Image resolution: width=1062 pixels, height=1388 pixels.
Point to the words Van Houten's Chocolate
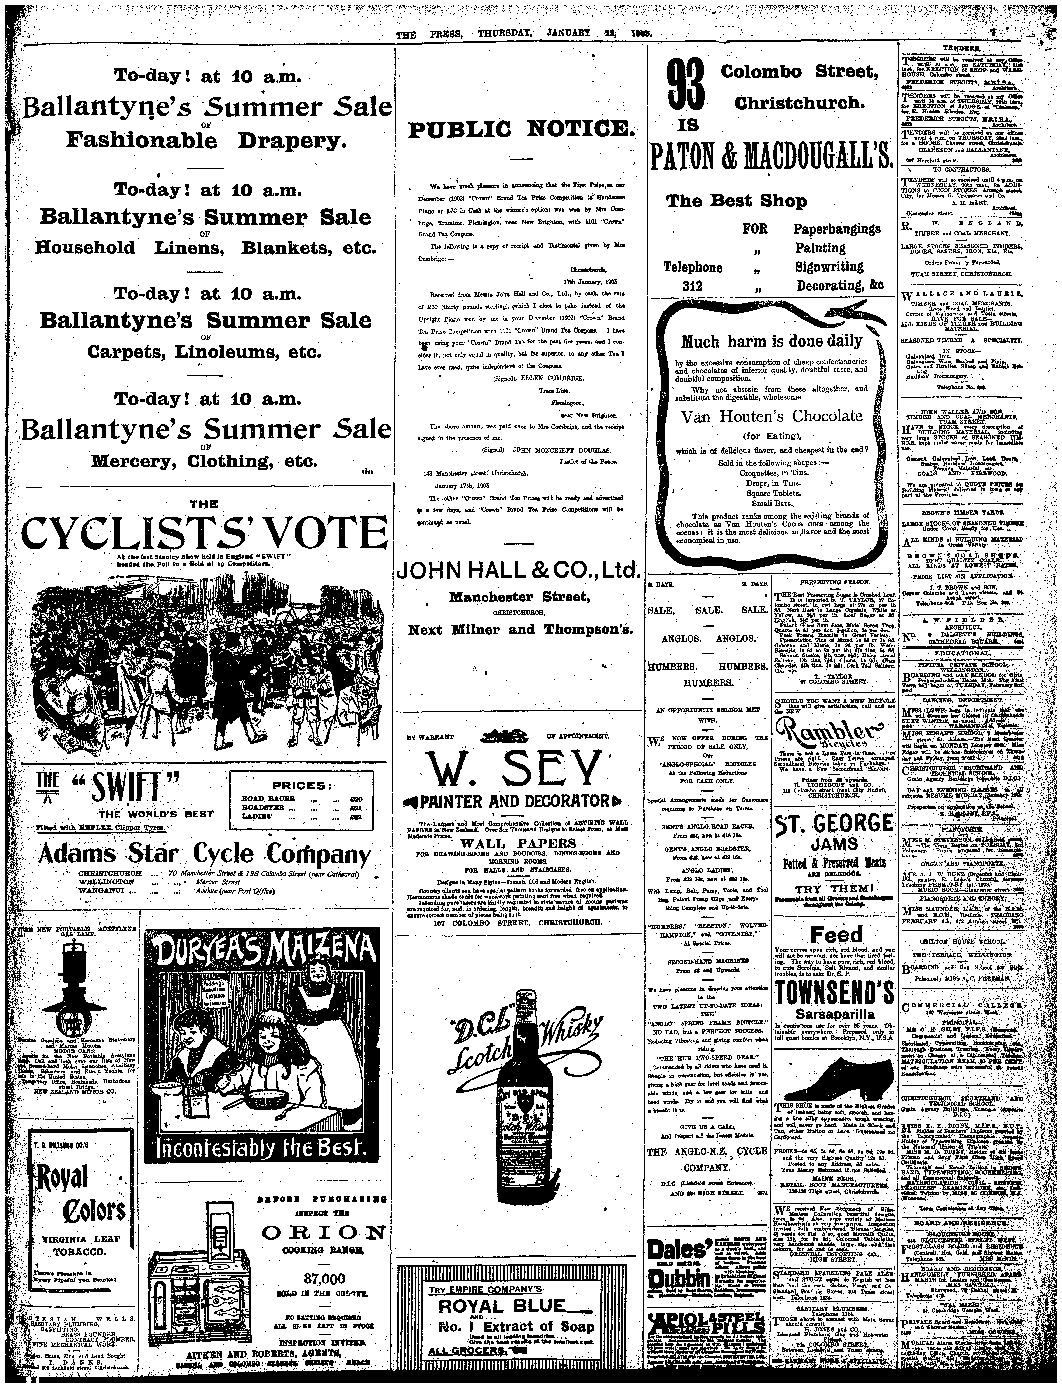click(771, 416)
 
